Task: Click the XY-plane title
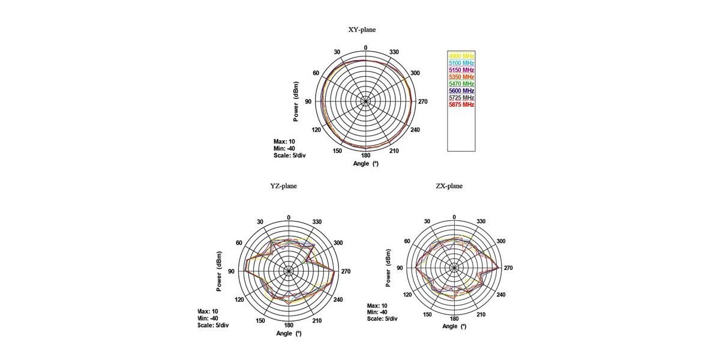[x=362, y=29]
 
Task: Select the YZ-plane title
[x=283, y=186]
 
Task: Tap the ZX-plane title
[x=449, y=186]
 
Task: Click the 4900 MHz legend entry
[x=461, y=56]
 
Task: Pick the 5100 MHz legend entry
[x=461, y=63]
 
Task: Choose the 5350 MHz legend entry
[x=461, y=77]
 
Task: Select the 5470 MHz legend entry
[x=461, y=84]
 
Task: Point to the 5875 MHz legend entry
[x=461, y=104]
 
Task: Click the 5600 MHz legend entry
[x=461, y=91]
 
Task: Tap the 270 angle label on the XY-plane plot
[x=422, y=101]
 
